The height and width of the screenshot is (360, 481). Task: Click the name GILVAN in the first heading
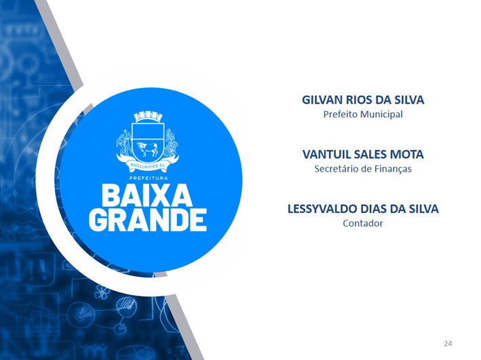322,100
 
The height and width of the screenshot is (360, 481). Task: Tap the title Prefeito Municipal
363,115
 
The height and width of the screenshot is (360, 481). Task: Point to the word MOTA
407,155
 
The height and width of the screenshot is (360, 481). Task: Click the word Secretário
334,169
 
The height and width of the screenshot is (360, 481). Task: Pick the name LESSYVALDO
322,209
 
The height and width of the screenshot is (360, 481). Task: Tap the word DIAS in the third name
373,209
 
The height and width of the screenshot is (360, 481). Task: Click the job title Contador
363,223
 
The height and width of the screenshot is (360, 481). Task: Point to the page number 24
448,344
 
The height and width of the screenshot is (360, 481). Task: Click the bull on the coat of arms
147,149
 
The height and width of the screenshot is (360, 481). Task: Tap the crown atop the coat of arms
148,117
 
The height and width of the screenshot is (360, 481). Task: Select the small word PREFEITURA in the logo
149,178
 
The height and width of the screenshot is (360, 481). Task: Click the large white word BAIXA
147,195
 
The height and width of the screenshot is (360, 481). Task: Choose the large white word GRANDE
148,220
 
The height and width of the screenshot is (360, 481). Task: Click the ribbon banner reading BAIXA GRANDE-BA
147,165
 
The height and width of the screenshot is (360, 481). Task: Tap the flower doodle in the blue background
102,292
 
